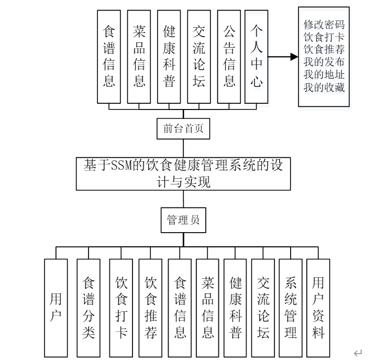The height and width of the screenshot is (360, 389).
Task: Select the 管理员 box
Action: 183,221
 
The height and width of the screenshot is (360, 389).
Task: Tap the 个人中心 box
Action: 256,56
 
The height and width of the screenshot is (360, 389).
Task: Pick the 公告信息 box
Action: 229,56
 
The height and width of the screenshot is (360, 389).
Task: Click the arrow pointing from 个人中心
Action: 283,56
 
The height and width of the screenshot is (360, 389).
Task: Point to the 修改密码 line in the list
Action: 324,25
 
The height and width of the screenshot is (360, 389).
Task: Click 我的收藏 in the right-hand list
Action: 324,88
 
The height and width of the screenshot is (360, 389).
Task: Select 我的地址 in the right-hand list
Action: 324,75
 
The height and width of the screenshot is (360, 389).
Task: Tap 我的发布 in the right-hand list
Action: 324,62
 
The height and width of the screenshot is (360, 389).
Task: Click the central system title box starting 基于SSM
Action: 183,173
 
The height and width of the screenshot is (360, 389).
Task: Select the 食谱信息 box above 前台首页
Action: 109,56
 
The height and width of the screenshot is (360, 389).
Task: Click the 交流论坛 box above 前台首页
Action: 199,56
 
